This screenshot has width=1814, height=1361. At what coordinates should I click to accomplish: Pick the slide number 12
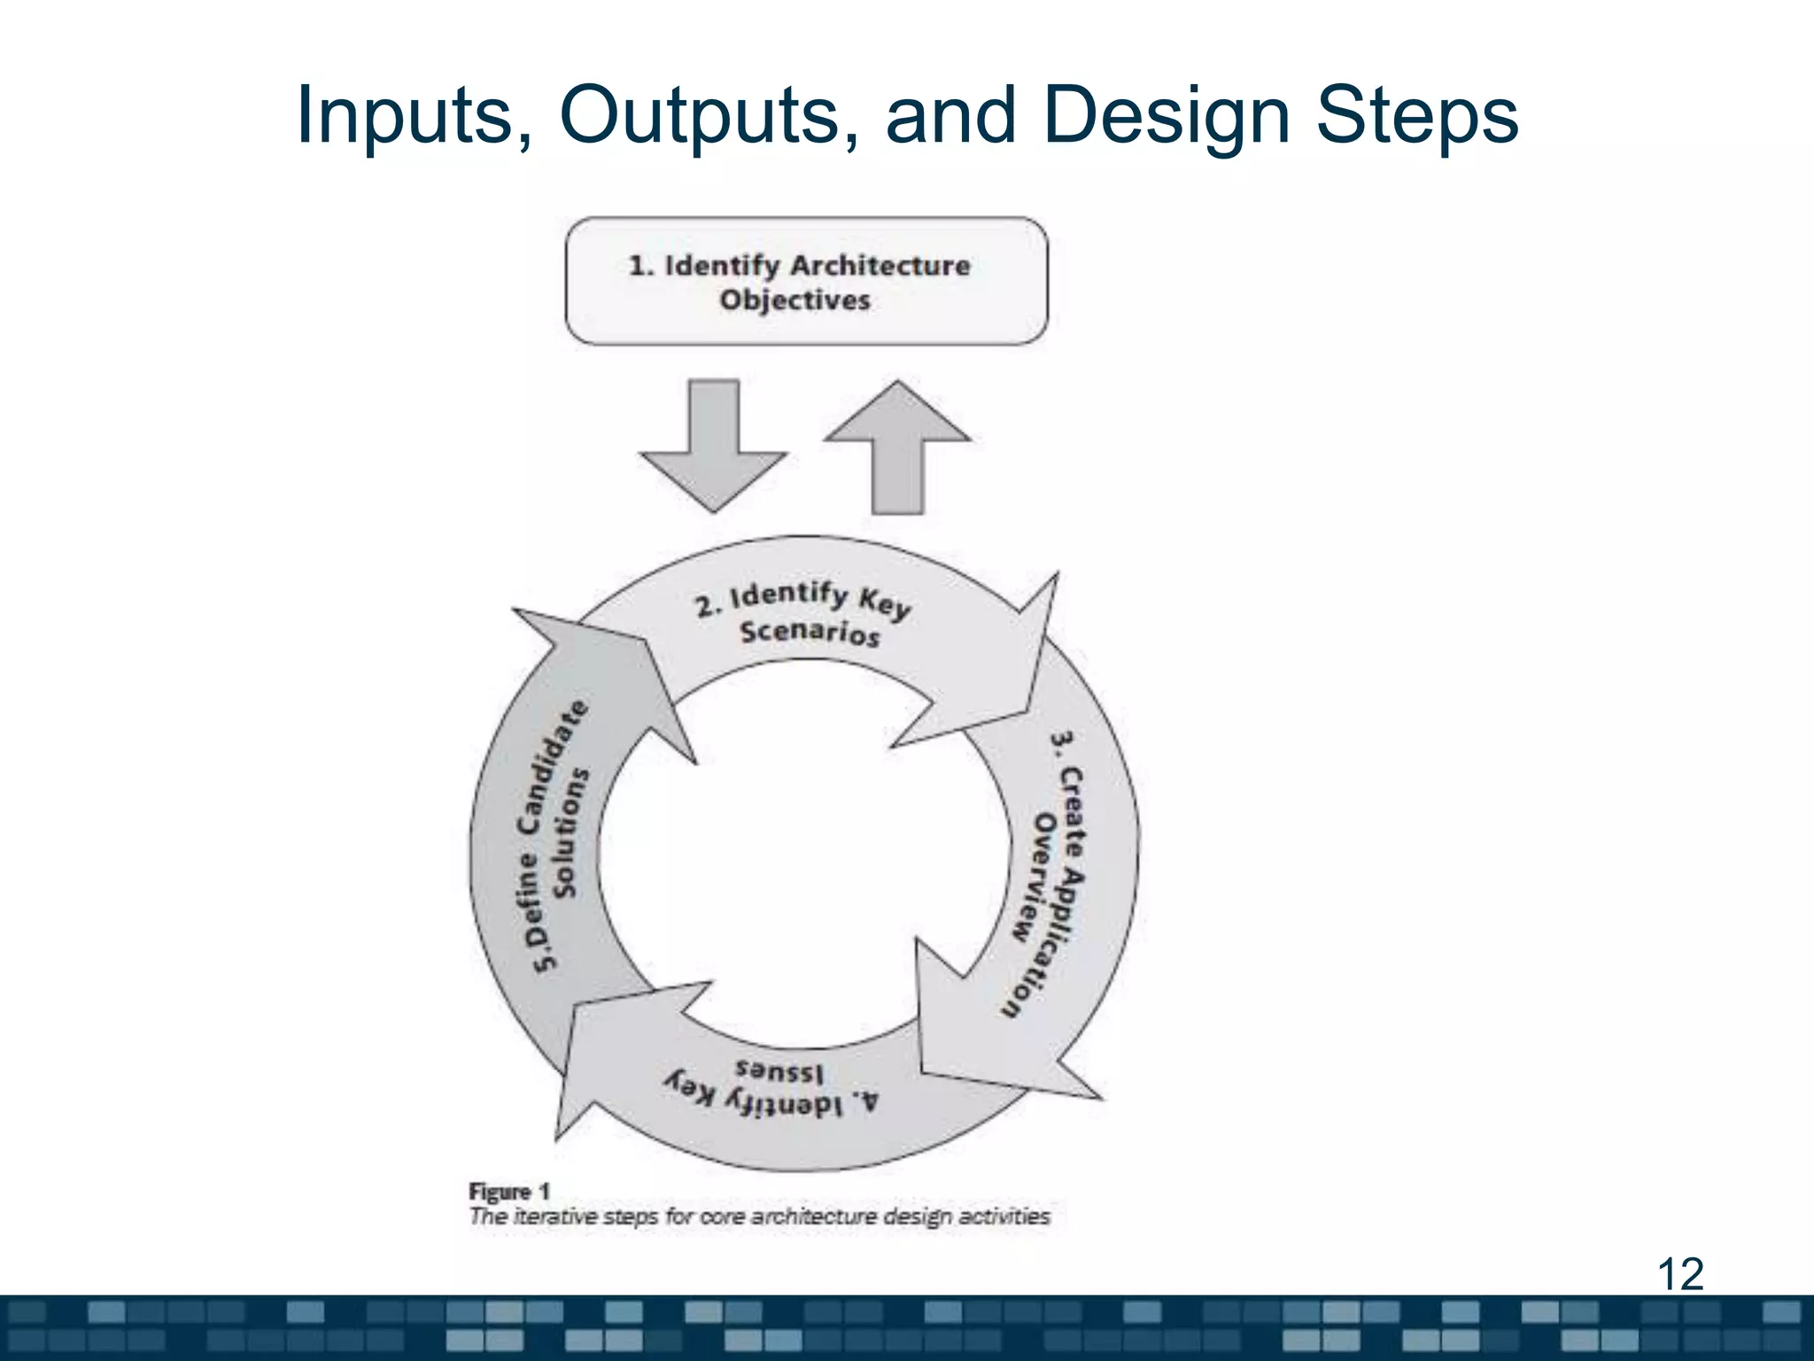pyautogui.click(x=1679, y=1274)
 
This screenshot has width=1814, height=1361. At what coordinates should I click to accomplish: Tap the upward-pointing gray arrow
pyautogui.click(x=897, y=447)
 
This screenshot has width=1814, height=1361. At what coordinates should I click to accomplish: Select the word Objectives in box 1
pyautogui.click(x=795, y=300)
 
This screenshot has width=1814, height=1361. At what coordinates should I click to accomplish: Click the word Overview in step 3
pyautogui.click(x=1033, y=877)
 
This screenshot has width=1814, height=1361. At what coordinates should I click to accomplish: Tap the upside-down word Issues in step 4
pyautogui.click(x=779, y=1071)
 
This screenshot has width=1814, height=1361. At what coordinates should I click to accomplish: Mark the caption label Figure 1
pyautogui.click(x=509, y=1192)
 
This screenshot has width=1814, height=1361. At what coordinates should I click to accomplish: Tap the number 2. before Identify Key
pyautogui.click(x=708, y=608)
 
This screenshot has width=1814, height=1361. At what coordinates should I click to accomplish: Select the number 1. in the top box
pyautogui.click(x=640, y=265)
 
